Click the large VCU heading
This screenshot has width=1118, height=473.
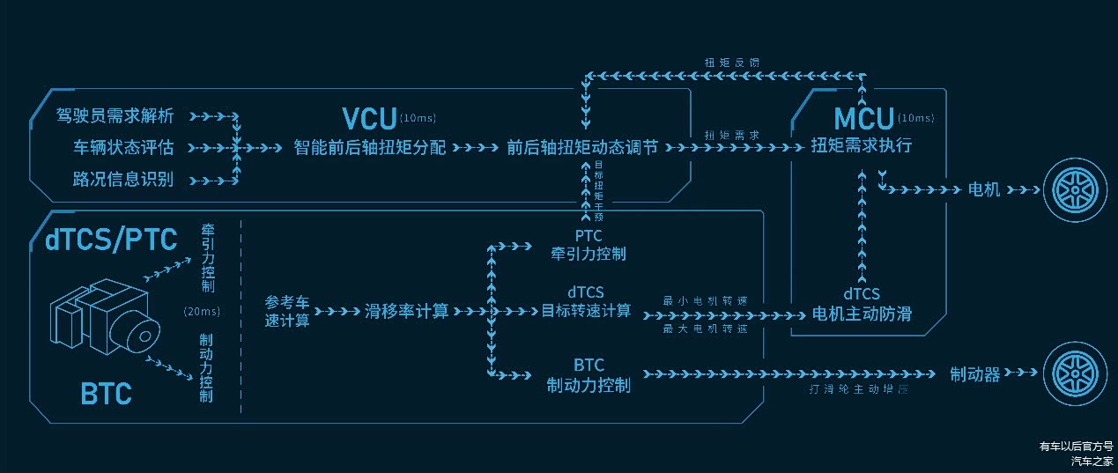369,119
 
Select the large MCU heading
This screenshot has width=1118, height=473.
863,119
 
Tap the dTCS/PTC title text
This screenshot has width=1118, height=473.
111,239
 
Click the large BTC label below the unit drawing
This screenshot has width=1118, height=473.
106,393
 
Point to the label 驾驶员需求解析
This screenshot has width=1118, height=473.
115,115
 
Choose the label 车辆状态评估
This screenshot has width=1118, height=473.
123,147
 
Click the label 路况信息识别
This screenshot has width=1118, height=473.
123,180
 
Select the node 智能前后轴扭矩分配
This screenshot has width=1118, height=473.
370,147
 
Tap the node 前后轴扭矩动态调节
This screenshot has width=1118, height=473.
582,147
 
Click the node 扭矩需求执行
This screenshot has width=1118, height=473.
862,147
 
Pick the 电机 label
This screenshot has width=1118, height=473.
984,189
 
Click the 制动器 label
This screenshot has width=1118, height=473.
974,374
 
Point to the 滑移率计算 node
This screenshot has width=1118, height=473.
406,311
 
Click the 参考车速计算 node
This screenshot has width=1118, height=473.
287,311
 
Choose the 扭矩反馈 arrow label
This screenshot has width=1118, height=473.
732,63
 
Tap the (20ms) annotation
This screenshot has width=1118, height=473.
202,311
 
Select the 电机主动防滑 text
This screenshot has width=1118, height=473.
863,313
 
